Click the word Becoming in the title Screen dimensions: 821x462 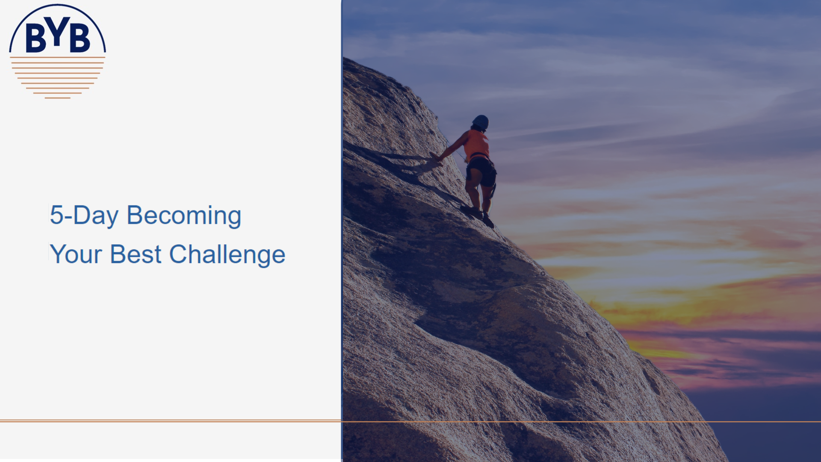(x=184, y=216)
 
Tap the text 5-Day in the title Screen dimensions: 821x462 (x=84, y=215)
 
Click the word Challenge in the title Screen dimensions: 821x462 (x=227, y=255)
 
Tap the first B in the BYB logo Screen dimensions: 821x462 (x=36, y=38)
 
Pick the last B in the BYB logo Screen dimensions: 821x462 (x=80, y=38)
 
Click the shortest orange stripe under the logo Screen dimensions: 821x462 (x=57, y=98)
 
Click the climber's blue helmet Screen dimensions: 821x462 (x=481, y=121)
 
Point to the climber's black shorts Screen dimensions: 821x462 (x=481, y=170)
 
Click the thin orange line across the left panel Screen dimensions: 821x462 (x=171, y=421)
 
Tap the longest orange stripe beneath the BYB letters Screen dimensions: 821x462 (x=57, y=57)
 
